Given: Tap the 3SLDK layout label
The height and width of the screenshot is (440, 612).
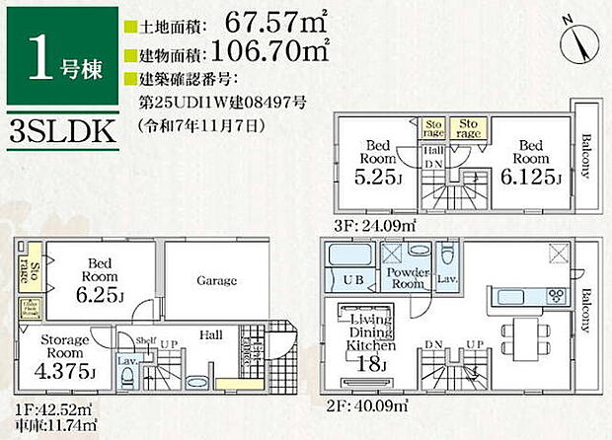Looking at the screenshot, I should click(56, 132).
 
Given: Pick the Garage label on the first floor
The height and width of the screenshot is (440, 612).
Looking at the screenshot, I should click(216, 281).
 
